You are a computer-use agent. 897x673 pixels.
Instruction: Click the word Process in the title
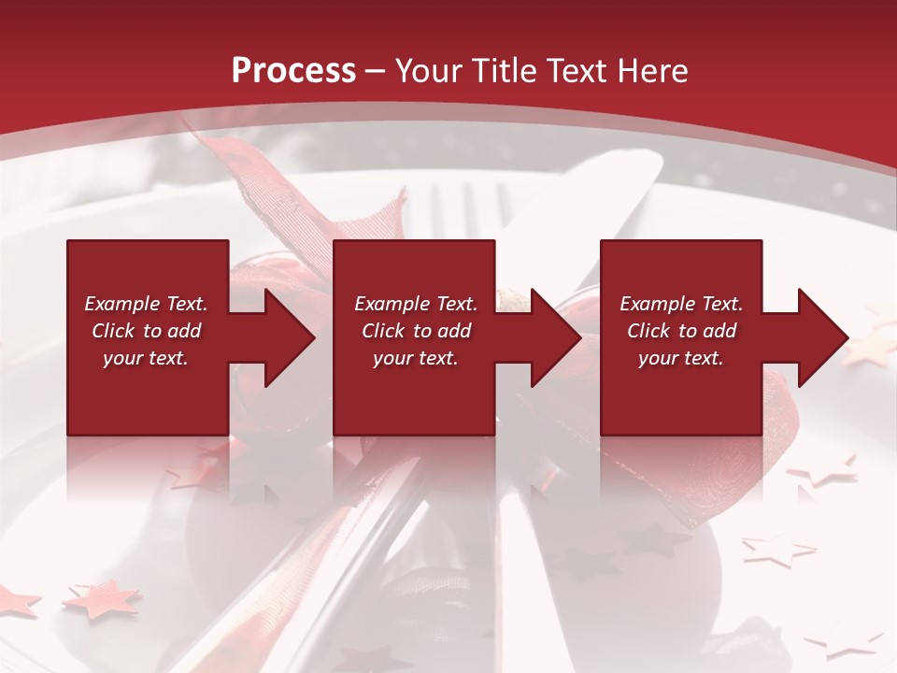(x=293, y=70)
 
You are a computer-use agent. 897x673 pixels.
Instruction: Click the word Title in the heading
(x=496, y=70)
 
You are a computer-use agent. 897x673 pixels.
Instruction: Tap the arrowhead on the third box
(x=821, y=337)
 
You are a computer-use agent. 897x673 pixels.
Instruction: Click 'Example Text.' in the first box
(x=146, y=304)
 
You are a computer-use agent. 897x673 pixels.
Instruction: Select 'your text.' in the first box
(x=146, y=358)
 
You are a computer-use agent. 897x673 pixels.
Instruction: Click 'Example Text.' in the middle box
(x=416, y=304)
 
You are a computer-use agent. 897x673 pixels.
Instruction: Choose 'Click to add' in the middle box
(x=416, y=331)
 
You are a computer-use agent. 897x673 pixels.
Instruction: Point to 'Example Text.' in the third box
(x=681, y=304)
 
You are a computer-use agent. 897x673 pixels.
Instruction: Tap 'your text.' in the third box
(x=681, y=358)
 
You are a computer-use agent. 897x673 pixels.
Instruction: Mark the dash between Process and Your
(x=376, y=71)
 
